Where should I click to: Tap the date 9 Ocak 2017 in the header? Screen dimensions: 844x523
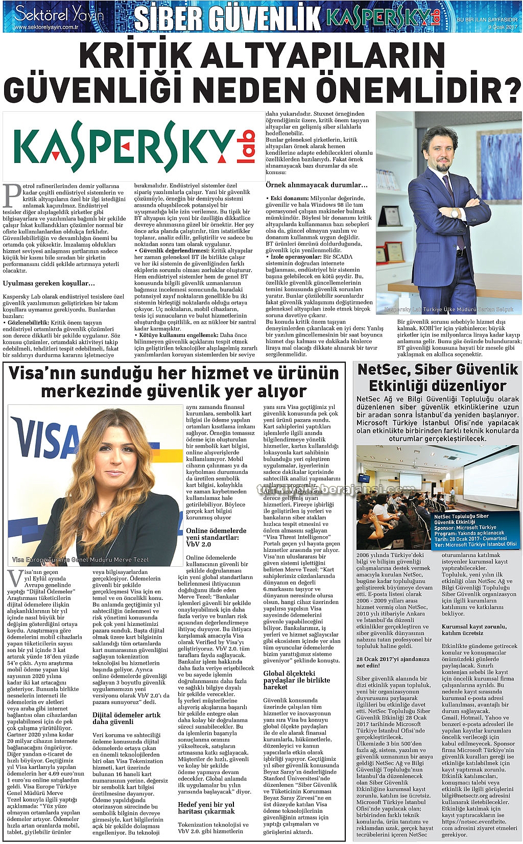coord(503,27)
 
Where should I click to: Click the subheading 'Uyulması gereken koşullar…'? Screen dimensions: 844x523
coord(49,283)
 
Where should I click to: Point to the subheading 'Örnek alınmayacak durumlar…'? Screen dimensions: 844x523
coord(316,185)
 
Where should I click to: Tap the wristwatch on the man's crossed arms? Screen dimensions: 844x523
coord(454,213)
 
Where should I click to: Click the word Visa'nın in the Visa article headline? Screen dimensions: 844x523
coord(44,374)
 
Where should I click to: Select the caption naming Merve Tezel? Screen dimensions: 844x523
coord(80,560)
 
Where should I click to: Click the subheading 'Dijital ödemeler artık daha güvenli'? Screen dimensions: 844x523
coord(126,718)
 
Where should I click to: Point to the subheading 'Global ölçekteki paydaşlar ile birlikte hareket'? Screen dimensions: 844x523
coord(296,680)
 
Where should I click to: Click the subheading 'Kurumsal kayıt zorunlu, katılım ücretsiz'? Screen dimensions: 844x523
coord(474,630)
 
